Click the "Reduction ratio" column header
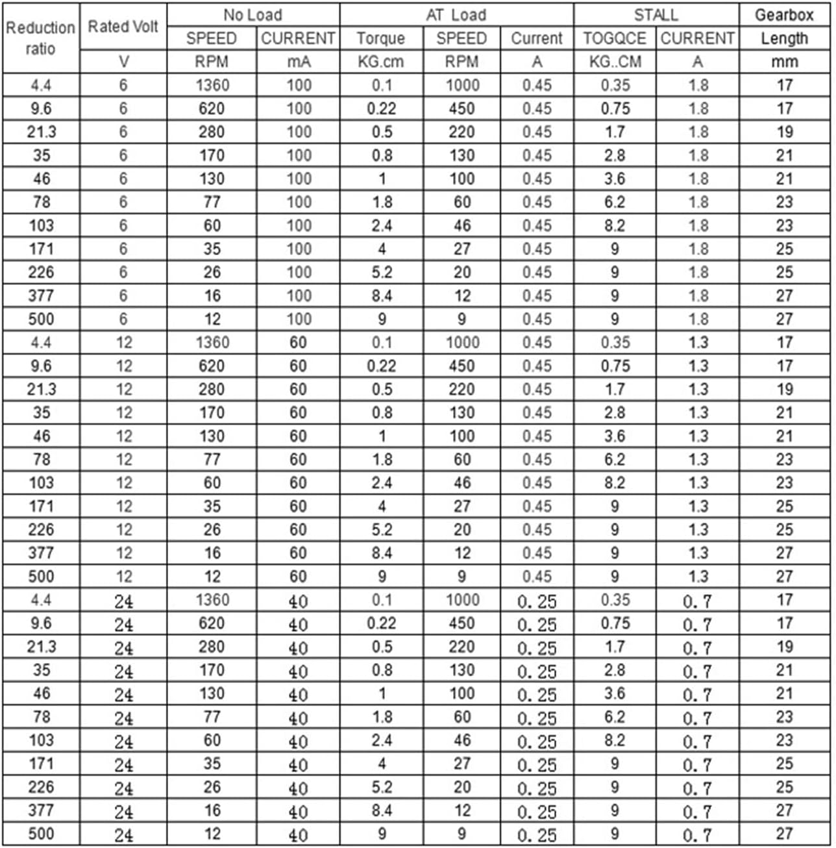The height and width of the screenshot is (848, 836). click(40, 38)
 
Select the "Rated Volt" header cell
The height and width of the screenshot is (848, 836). click(123, 27)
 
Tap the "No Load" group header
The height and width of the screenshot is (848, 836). click(252, 15)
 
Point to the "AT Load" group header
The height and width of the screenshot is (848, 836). click(456, 15)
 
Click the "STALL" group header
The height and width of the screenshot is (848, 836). click(656, 15)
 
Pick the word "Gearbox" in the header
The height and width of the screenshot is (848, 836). click(784, 15)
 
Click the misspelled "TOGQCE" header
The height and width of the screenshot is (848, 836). click(614, 38)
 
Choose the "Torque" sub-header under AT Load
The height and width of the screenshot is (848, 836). click(380, 38)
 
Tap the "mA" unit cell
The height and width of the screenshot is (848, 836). click(299, 62)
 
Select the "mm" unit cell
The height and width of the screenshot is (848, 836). click(784, 62)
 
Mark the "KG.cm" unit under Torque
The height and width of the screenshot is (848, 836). click(380, 62)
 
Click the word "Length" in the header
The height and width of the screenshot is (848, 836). click(784, 38)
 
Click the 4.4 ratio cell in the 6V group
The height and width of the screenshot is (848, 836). click(40, 85)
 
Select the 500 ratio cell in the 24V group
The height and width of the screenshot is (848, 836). click(40, 834)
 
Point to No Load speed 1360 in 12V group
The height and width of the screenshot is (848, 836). click(212, 342)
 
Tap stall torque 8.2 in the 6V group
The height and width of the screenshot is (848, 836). click(614, 225)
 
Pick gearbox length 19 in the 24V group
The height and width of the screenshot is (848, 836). click(784, 647)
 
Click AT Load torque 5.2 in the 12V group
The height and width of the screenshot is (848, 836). click(381, 529)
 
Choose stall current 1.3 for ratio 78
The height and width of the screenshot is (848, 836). click(698, 459)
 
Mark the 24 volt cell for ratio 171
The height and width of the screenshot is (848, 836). click(123, 764)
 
